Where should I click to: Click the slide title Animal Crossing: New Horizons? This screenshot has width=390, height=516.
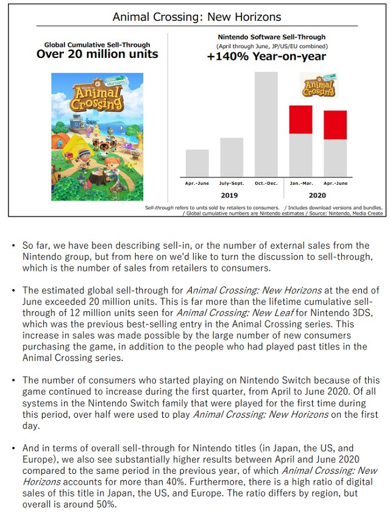(x=197, y=16)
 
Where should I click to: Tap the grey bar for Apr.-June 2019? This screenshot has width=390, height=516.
(x=197, y=163)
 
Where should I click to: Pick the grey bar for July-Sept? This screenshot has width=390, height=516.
(x=232, y=157)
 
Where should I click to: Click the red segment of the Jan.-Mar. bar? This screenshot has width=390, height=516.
(x=300, y=120)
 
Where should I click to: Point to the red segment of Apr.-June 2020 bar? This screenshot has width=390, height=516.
(x=335, y=125)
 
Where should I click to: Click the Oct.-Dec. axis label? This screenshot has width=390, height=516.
(x=266, y=182)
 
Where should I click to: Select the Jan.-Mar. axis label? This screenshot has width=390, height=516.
(x=300, y=182)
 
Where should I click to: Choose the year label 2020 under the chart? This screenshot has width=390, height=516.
(x=317, y=195)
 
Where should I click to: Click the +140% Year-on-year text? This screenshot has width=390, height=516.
(x=266, y=57)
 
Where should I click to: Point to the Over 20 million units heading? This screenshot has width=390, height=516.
(x=97, y=54)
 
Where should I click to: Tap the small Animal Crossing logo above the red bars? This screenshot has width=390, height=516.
(x=318, y=85)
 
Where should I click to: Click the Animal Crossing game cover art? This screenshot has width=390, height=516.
(x=97, y=137)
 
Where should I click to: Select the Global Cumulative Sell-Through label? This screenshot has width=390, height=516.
(x=97, y=45)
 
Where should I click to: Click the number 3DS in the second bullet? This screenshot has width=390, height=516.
(x=363, y=313)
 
